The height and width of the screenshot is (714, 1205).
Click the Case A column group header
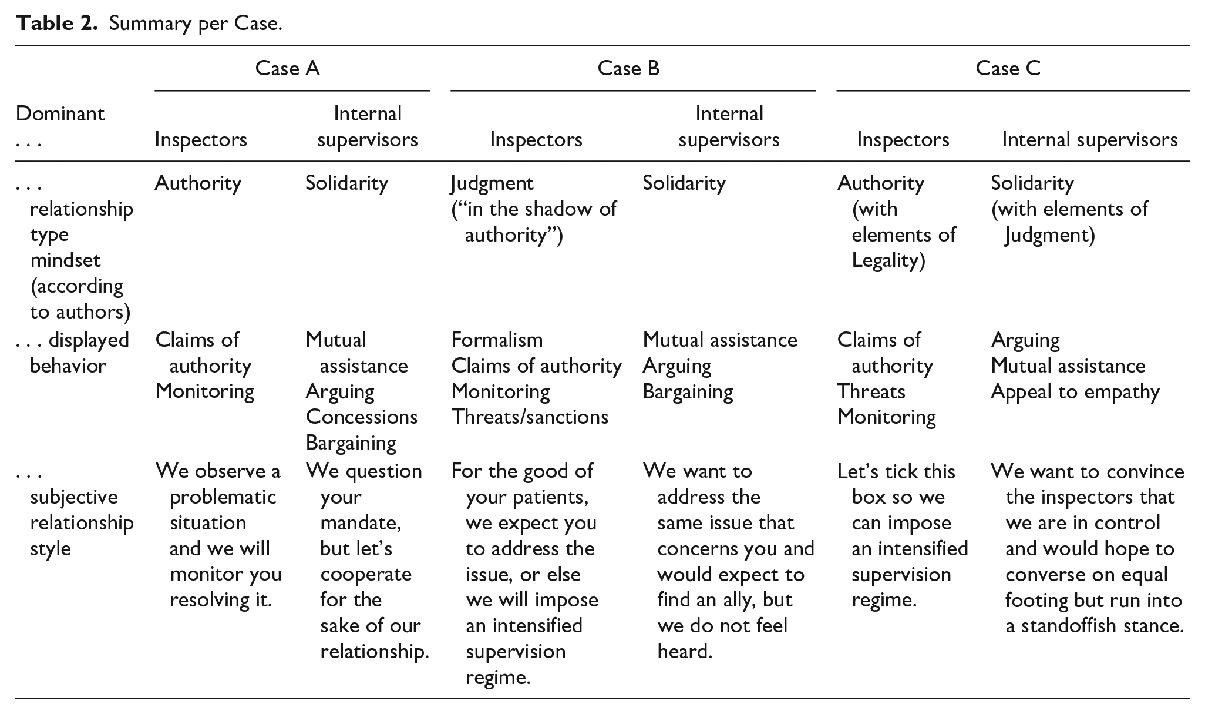[287, 69]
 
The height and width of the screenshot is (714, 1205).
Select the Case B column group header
[628, 69]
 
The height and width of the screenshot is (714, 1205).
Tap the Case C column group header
[1008, 69]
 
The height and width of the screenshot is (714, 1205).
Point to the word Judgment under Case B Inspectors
[492, 183]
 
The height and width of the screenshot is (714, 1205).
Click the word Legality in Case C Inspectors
[888, 260]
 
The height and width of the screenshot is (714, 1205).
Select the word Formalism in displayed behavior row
[497, 340]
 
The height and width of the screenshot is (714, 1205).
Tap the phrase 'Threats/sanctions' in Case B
[530, 417]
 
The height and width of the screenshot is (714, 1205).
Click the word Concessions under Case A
[362, 417]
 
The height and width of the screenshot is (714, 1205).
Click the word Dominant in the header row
[60, 113]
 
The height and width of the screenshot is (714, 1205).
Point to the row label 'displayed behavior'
[72, 353]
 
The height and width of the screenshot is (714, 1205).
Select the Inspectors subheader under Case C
[903, 140]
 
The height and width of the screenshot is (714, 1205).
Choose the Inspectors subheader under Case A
[201, 140]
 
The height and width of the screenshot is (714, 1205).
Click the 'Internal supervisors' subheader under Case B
[729, 126]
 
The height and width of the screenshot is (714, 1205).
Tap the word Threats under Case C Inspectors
[871, 391]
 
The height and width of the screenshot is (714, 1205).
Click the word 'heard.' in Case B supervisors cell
[685, 651]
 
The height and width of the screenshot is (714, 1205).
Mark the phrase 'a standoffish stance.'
[1094, 625]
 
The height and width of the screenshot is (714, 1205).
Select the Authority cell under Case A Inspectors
[198, 183]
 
